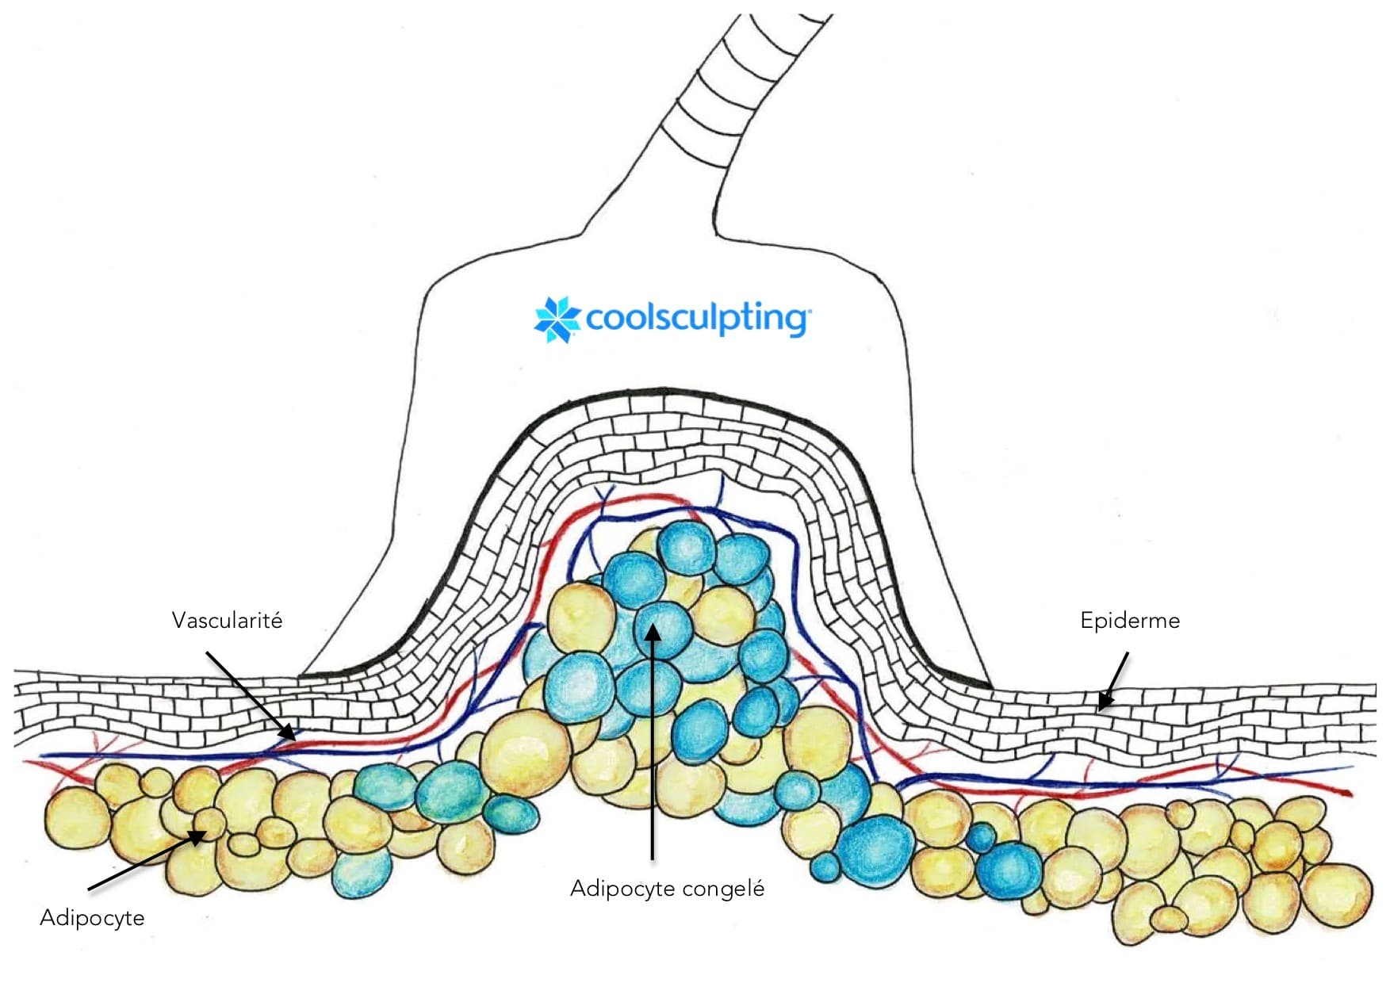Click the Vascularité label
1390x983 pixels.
(x=227, y=620)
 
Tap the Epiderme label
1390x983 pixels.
(x=1129, y=620)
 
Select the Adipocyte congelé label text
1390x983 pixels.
(x=667, y=888)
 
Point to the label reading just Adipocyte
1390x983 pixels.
(x=92, y=918)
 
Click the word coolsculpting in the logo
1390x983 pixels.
(x=695, y=319)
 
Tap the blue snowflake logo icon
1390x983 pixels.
(x=557, y=319)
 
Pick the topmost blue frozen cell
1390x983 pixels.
(x=687, y=547)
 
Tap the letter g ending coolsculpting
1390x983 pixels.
(x=793, y=321)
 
